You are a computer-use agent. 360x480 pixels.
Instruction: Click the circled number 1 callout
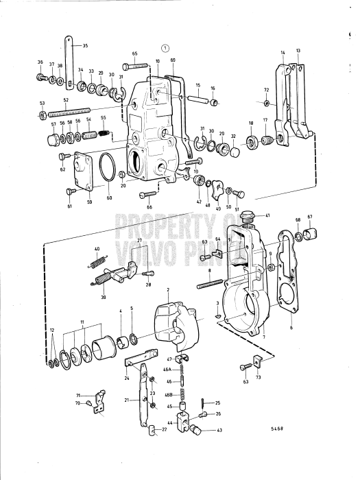pos(164,48)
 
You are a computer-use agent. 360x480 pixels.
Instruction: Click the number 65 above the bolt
pos(134,53)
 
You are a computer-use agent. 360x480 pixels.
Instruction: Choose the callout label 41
pos(267,215)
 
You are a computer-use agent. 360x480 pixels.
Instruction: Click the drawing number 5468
pos(276,428)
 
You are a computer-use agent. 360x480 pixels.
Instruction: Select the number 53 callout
pos(42,103)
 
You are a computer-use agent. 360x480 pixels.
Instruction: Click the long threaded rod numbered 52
pos(75,110)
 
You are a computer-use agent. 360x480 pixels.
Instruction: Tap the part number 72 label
pos(267,91)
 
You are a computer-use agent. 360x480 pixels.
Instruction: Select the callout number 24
pos(128,377)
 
